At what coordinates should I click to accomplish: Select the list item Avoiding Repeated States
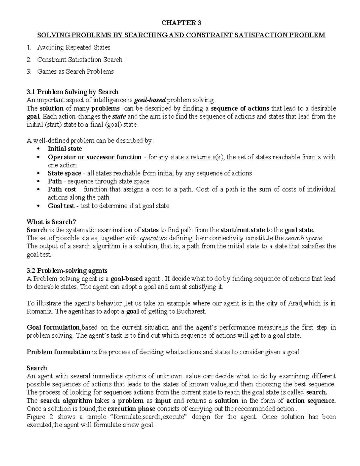pos(73,47)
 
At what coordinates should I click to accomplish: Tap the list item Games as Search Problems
pos(75,72)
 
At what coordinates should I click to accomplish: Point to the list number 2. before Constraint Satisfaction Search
pos(28,60)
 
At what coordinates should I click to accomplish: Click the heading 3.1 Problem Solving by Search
pos(73,92)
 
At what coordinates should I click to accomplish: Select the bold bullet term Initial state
pos(64,149)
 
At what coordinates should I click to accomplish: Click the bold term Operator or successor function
pos(94,157)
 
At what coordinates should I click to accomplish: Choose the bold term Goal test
pos(62,206)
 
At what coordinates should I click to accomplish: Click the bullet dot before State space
pos(37,173)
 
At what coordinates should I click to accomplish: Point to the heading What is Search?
pos(51,222)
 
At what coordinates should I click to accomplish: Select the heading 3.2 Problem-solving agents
pos(67,271)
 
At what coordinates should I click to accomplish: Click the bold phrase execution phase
pos(131,409)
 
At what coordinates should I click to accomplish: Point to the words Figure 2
pos(36,417)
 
